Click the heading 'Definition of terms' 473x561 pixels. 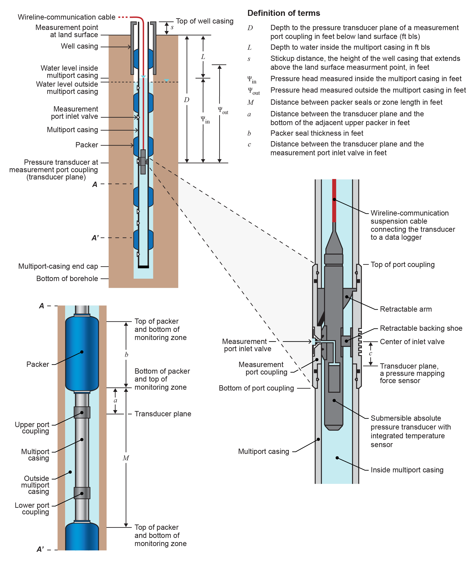pos(283,13)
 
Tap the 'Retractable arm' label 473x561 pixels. pos(405,309)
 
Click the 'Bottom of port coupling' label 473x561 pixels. pos(256,388)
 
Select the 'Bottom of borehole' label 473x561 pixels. pos(67,279)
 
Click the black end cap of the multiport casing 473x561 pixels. pos(143,267)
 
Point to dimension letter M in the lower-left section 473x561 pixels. pos(126,458)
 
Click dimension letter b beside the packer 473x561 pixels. pos(126,355)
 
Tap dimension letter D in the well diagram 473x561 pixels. pos(187,100)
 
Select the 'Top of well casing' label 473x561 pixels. pos(204,21)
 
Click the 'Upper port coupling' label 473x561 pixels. pos(32,428)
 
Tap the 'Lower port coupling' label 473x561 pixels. pos(32,508)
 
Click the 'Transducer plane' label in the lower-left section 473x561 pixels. pos(163,414)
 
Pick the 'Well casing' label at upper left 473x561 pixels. pos(79,46)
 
